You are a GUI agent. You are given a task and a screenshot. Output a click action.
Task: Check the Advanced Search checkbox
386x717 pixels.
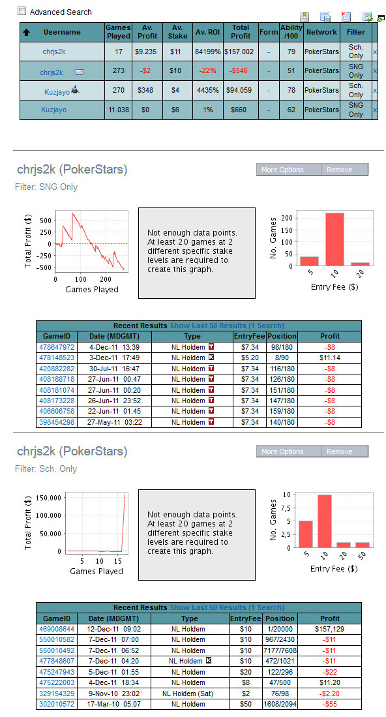point(22,11)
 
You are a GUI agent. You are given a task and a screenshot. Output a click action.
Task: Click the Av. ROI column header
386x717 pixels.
point(208,32)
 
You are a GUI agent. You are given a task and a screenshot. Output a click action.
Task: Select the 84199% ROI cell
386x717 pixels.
point(208,52)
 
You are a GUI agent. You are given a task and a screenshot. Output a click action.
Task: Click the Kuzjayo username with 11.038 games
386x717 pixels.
point(54,110)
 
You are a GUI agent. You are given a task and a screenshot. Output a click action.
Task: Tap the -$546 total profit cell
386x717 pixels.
point(239,71)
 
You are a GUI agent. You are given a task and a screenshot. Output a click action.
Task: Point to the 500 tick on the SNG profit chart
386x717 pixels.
point(46,220)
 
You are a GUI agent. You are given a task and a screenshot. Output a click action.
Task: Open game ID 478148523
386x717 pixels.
point(57,358)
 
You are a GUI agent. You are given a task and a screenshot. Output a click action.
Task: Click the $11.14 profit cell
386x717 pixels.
point(330,358)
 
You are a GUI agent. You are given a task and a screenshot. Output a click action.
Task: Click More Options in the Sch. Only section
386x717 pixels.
point(282,451)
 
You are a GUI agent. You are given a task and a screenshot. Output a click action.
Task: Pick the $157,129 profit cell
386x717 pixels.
point(329,629)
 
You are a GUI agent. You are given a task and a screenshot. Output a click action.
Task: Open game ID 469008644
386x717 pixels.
point(57,629)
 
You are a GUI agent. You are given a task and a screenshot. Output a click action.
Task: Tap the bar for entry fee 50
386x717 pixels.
point(363,545)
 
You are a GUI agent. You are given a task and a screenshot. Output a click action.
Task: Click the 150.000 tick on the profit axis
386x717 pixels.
point(48,498)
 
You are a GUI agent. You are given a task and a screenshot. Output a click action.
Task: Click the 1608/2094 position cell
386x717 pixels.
point(280,704)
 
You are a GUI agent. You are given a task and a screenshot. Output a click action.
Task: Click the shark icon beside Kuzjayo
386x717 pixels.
point(75,90)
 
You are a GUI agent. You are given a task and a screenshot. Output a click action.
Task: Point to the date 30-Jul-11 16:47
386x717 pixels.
point(113,369)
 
